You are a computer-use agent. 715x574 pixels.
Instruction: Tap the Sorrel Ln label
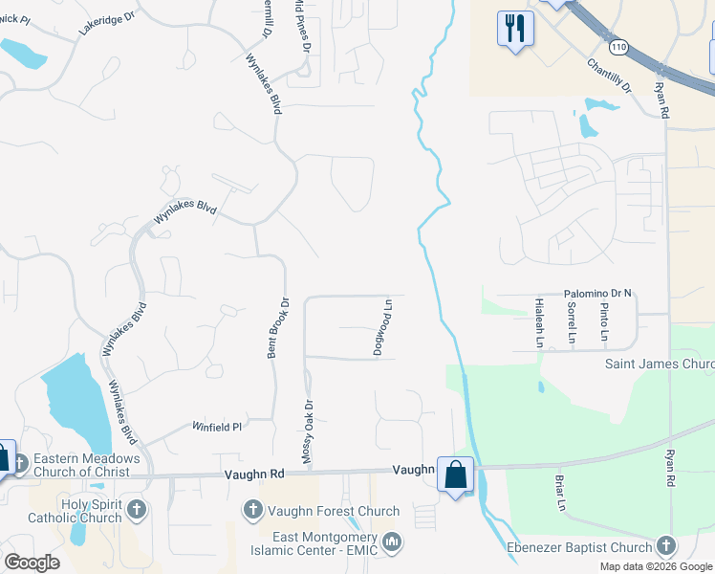pyautogui.click(x=572, y=323)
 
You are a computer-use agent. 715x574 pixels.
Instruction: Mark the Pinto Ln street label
pyautogui.click(x=604, y=323)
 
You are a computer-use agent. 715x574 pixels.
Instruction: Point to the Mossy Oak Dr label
pyautogui.click(x=308, y=432)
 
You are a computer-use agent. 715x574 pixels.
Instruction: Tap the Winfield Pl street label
pyautogui.click(x=217, y=427)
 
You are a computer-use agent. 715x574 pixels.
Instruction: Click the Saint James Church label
pyautogui.click(x=660, y=364)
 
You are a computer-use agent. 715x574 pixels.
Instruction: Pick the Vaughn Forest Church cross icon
pyautogui.click(x=253, y=508)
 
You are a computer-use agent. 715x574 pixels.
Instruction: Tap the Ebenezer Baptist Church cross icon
pyautogui.click(x=665, y=546)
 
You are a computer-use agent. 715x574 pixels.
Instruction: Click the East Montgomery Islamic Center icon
pyautogui.click(x=391, y=543)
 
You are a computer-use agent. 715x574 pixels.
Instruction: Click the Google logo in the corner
pyautogui.click(x=32, y=563)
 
